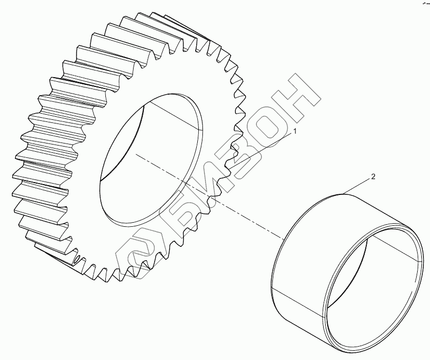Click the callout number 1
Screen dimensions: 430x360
[295, 131]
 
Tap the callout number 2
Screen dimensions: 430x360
[373, 176]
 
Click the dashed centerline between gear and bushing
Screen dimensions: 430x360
[210, 196]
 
